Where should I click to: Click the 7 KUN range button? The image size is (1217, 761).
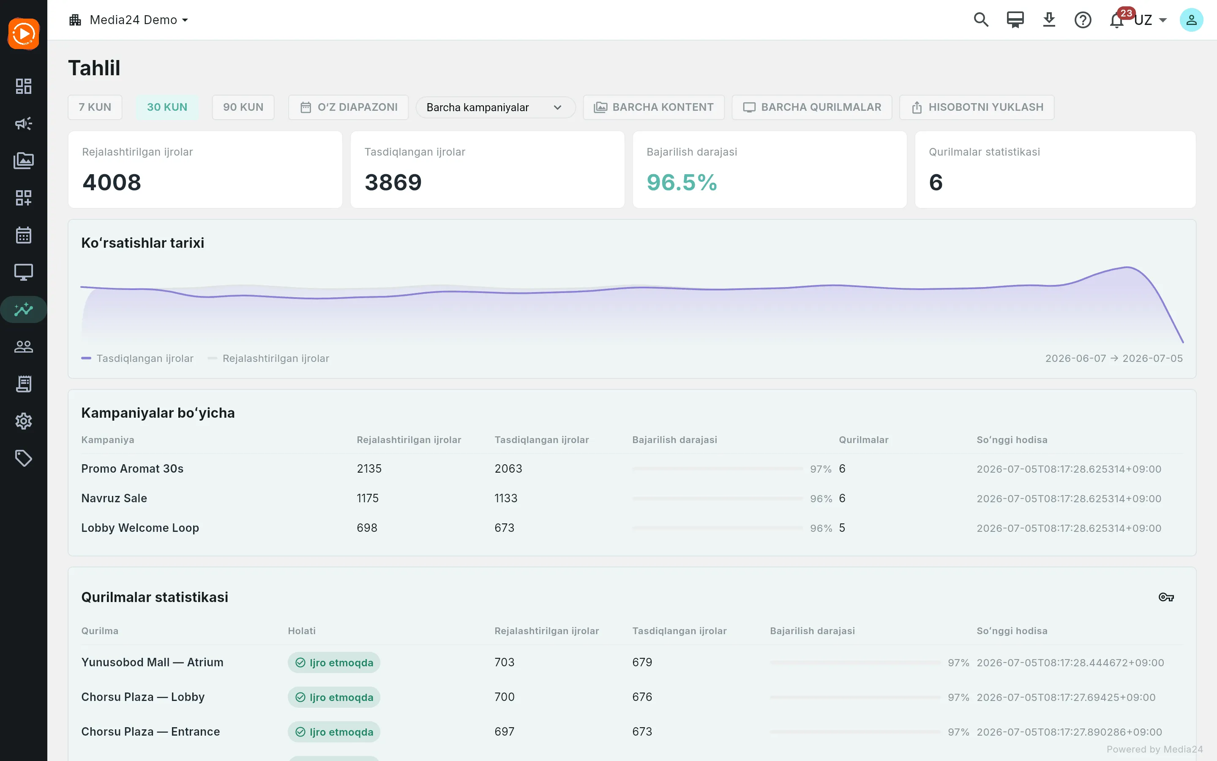pyautogui.click(x=95, y=107)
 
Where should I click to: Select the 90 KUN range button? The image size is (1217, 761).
pyautogui.click(x=243, y=107)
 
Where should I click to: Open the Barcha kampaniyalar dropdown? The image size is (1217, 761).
pyautogui.click(x=495, y=108)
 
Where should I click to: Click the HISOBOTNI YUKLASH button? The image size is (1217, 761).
pyautogui.click(x=977, y=107)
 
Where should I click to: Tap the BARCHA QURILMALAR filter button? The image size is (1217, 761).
pyautogui.click(x=812, y=107)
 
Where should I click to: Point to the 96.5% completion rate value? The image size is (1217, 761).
pyautogui.click(x=682, y=182)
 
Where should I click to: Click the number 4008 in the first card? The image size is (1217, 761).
pyautogui.click(x=112, y=182)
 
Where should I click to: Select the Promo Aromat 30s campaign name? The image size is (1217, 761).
pyautogui.click(x=132, y=468)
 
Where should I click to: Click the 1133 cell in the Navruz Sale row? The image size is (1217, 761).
pyautogui.click(x=506, y=498)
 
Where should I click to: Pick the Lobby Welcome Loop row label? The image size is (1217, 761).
pyautogui.click(x=140, y=528)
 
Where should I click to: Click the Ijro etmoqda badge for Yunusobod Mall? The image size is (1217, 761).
pyautogui.click(x=334, y=662)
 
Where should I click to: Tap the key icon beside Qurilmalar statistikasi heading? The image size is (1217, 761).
pyautogui.click(x=1166, y=597)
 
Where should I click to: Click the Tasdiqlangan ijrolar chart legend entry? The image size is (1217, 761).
pyautogui.click(x=137, y=359)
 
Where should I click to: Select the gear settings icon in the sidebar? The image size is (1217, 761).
pyautogui.click(x=24, y=421)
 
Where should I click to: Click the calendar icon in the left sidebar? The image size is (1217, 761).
pyautogui.click(x=24, y=235)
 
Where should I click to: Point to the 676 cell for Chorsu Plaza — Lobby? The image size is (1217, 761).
pyautogui.click(x=642, y=697)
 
